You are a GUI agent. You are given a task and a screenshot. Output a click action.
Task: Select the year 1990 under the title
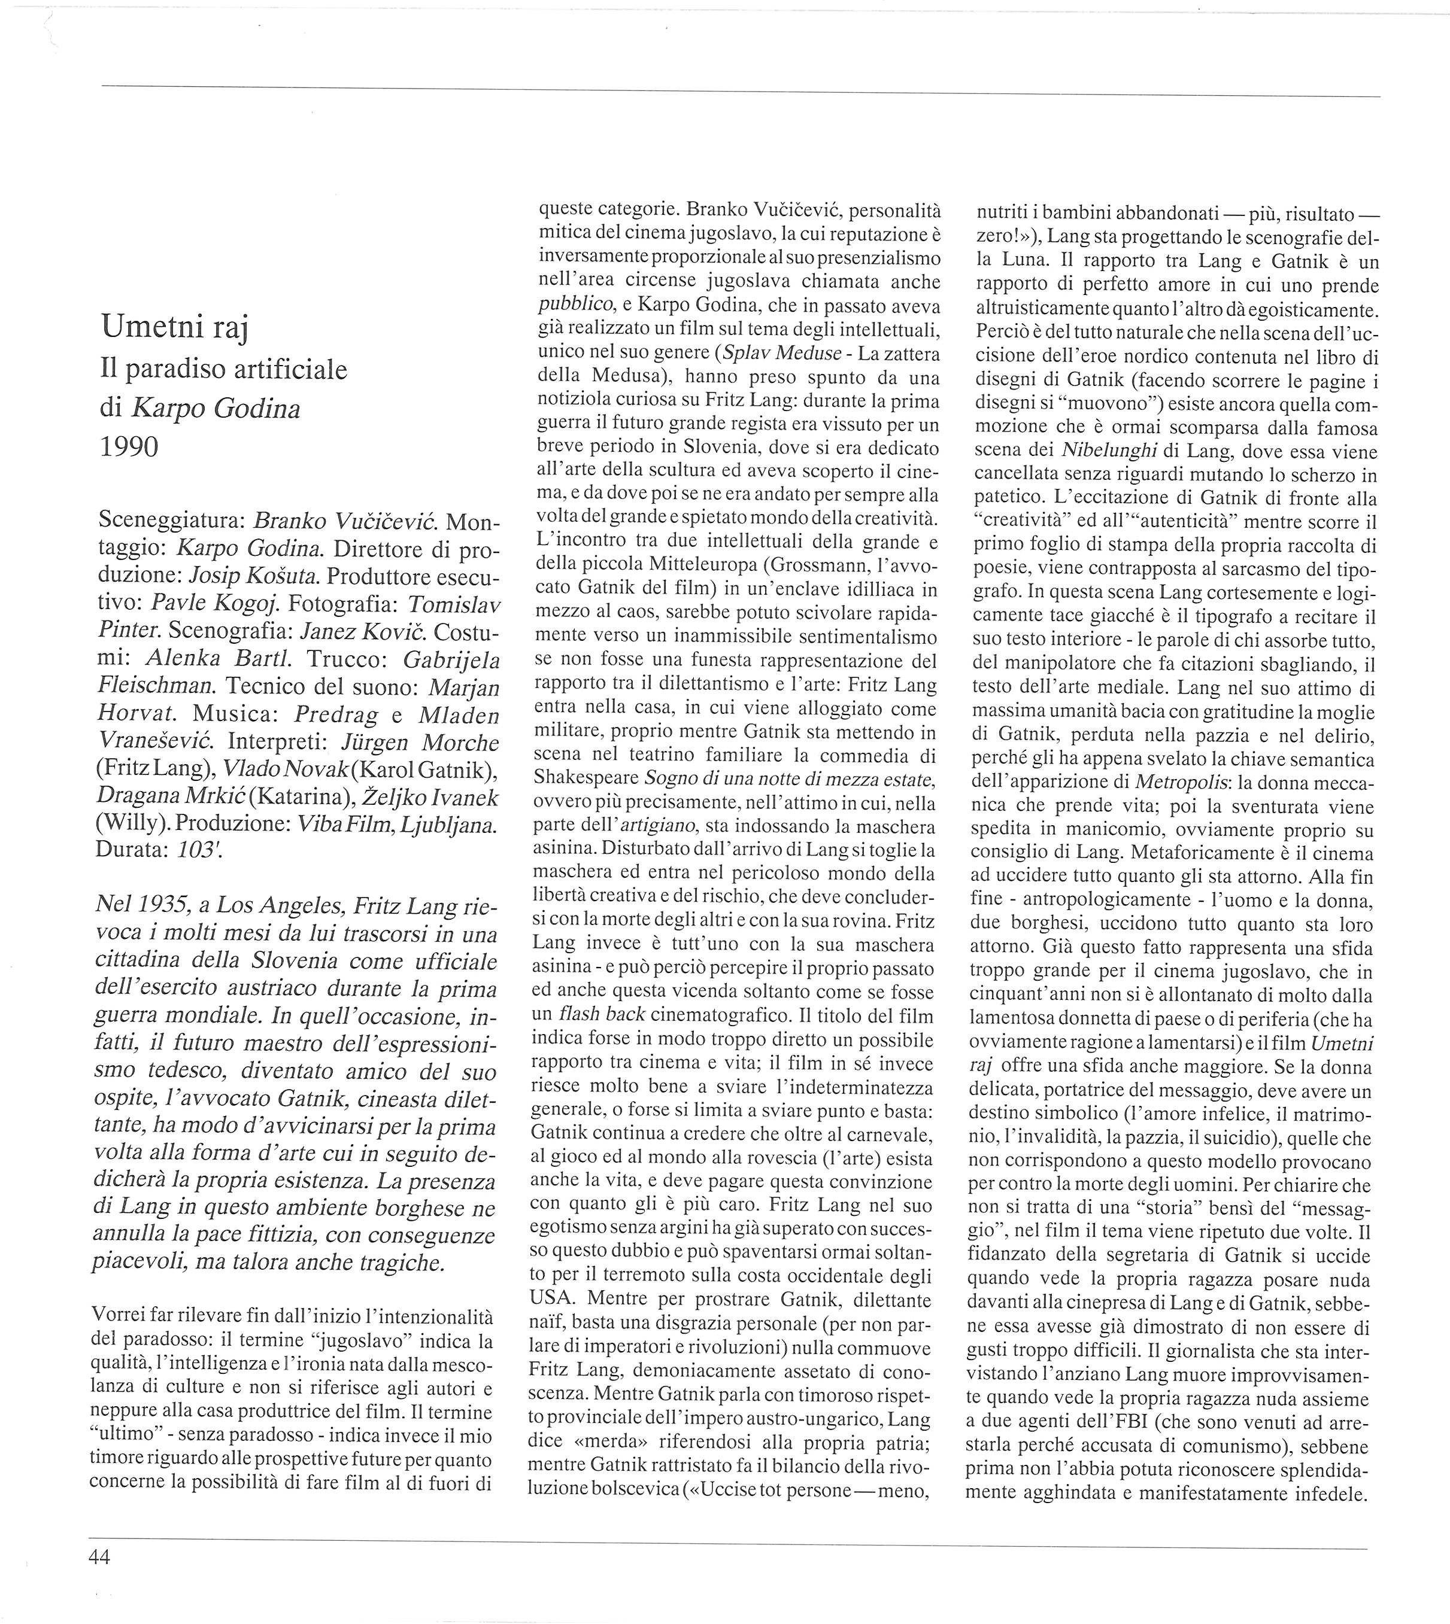pyautogui.click(x=129, y=447)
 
